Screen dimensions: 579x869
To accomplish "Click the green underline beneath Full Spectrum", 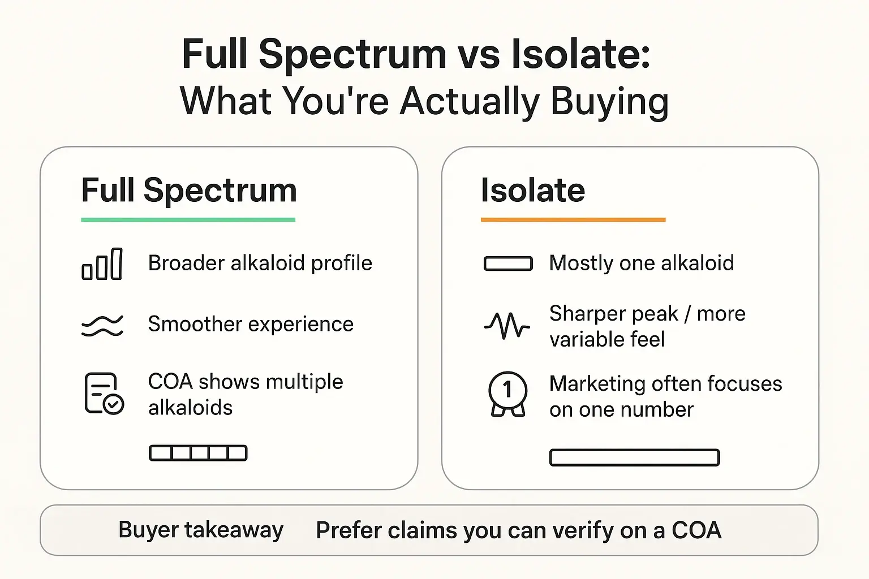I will coord(188,219).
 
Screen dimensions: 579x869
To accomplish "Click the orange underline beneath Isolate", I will coord(573,219).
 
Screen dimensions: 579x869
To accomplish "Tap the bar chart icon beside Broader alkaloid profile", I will coord(102,264).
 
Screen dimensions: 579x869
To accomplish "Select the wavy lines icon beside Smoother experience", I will coord(102,326).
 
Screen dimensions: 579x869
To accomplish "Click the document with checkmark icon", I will coord(104,394).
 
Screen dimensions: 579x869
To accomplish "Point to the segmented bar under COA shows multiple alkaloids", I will coord(198,453).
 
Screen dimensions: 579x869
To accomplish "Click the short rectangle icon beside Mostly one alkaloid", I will coord(508,264).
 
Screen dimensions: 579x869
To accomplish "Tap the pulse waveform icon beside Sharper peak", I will coord(507,326).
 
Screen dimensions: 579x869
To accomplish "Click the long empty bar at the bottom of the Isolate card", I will coord(634,457).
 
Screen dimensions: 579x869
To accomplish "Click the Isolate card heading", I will coord(532,190).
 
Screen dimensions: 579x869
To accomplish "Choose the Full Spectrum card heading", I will coord(189,190).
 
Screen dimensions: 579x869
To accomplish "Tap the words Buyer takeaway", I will coord(201,530).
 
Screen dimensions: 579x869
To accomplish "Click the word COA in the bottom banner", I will coord(696,530).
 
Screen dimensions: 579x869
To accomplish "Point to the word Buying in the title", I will coord(609,102).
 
